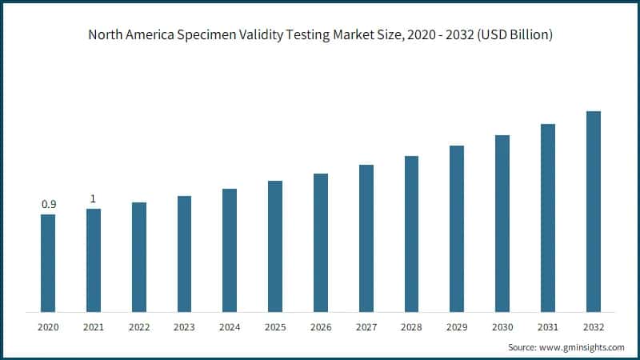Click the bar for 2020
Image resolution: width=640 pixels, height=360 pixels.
tap(48, 262)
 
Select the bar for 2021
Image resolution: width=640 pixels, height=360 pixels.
tap(94, 260)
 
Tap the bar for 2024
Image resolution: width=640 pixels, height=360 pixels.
tap(230, 250)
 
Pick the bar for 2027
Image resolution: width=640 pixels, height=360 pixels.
tap(366, 238)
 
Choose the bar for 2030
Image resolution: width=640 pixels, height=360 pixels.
tap(502, 223)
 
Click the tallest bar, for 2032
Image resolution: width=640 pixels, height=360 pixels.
tap(593, 211)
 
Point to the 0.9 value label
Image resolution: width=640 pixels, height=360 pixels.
tap(48, 205)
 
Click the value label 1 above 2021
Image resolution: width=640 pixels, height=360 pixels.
tap(93, 198)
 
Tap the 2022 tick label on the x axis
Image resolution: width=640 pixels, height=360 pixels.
tap(139, 327)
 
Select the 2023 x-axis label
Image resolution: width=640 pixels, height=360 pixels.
tap(184, 327)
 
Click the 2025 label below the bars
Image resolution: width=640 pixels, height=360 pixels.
tap(275, 327)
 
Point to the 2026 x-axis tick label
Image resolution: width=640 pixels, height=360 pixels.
tap(321, 327)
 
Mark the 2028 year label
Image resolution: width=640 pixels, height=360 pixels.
tap(411, 327)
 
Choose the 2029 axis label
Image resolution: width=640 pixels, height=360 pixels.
tap(457, 327)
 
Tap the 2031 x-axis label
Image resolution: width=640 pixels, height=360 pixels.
tap(547, 327)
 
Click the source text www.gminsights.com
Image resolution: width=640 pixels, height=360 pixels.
tap(581, 348)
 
